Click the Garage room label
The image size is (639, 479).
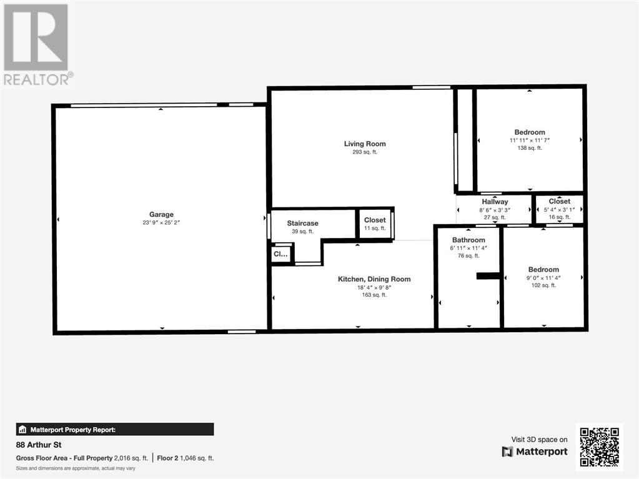[161, 214]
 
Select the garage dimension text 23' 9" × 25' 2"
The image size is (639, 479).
[161, 222]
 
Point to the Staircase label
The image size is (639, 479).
[303, 223]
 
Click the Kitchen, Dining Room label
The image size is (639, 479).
[374, 279]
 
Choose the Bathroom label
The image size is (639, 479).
[468, 240]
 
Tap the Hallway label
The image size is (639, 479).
[495, 202]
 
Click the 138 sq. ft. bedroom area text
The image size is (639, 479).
[530, 148]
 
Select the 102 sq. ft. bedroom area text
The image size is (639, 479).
[543, 285]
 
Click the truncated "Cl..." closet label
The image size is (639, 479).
[280, 254]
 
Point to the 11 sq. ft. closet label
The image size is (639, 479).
[375, 228]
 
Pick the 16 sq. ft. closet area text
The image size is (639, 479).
[559, 217]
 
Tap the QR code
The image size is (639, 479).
[599, 447]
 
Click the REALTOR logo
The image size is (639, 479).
[37, 44]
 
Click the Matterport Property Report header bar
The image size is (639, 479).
[115, 429]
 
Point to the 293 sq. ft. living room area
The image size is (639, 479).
[365, 152]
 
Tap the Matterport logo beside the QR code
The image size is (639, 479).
[535, 452]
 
